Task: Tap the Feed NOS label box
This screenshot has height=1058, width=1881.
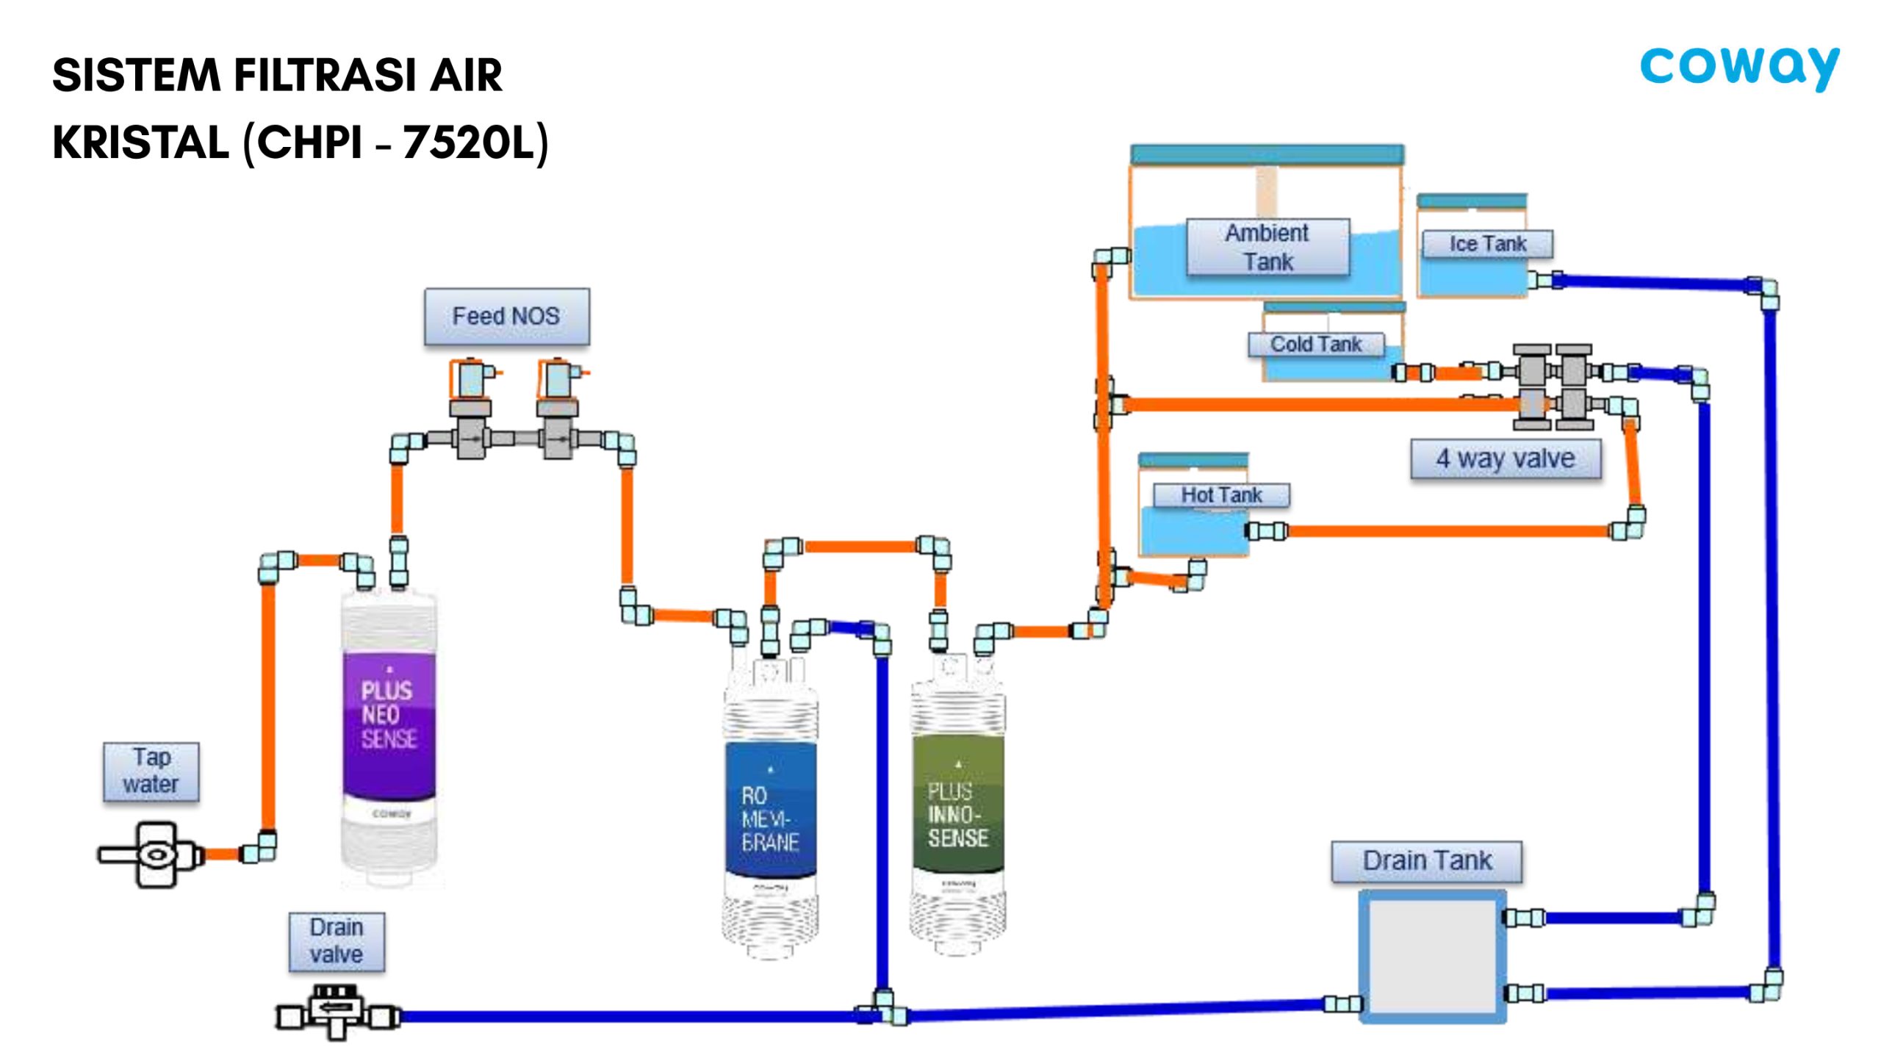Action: (x=506, y=317)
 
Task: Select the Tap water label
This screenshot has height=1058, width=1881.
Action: (x=151, y=771)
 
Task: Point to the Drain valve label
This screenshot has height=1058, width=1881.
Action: (x=337, y=941)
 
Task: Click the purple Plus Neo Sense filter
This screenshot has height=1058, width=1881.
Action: (x=389, y=727)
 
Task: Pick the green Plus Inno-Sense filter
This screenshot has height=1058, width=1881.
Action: (x=957, y=808)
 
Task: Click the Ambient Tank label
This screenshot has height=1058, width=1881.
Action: (x=1267, y=248)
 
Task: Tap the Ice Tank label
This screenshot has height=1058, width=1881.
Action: (x=1487, y=244)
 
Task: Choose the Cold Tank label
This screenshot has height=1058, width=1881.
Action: (x=1315, y=344)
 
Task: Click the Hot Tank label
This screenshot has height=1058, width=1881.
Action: (x=1221, y=495)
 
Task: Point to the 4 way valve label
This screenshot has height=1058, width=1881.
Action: (x=1506, y=458)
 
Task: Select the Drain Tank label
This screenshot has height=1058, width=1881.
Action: (x=1427, y=860)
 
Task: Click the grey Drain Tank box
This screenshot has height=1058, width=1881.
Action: (x=1432, y=956)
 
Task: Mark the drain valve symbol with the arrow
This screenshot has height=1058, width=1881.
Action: (x=337, y=1009)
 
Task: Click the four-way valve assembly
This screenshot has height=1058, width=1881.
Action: (x=1553, y=387)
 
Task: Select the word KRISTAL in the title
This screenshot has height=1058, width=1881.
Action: (x=140, y=142)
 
